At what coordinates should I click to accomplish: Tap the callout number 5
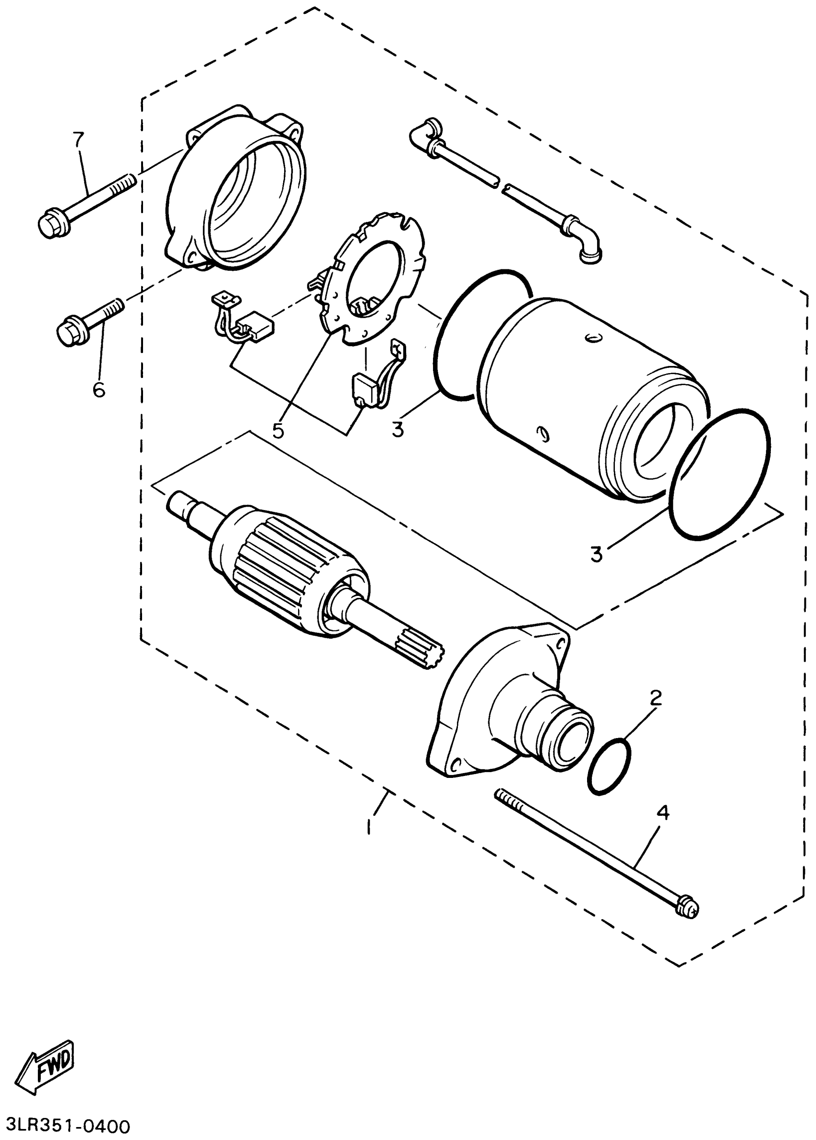click(277, 430)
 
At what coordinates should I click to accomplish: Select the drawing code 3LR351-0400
click(65, 1125)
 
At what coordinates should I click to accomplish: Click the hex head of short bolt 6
click(67, 334)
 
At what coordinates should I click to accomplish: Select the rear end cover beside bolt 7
click(236, 196)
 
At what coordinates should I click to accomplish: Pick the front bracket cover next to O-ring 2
click(503, 703)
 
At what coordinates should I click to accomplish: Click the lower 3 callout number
click(596, 555)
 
